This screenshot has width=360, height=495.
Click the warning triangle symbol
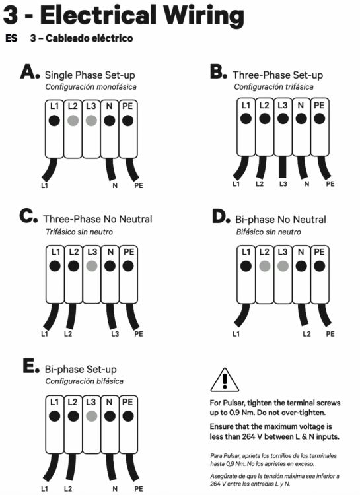[x=225, y=379]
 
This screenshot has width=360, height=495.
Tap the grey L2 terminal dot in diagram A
[x=73, y=121]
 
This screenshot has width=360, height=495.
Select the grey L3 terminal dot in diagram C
[x=92, y=266]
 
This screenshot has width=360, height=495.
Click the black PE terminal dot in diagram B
[x=320, y=119]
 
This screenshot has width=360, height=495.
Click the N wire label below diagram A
[x=115, y=185]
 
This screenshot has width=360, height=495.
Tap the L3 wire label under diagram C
[x=115, y=334]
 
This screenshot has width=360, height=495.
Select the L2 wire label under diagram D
[x=306, y=334]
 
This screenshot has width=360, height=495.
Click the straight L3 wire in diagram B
[x=283, y=167]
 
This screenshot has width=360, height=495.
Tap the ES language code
[x=11, y=38]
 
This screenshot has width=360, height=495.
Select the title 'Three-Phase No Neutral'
[x=98, y=219]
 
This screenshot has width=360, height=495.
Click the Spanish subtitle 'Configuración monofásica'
[x=91, y=87]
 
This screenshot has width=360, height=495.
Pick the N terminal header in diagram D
[x=301, y=252]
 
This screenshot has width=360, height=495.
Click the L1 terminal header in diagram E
[x=54, y=402]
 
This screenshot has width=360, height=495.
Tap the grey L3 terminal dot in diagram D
[x=283, y=266]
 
